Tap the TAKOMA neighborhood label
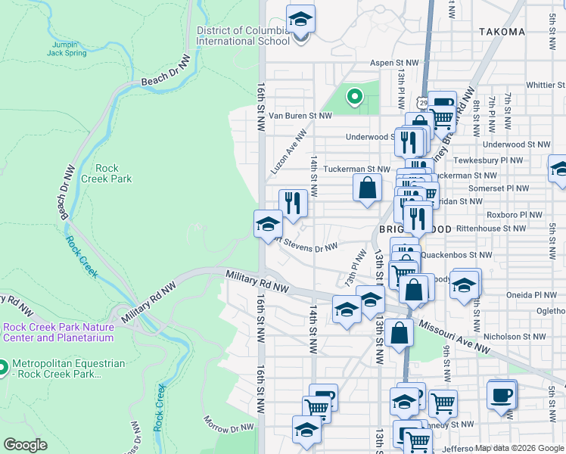(502, 32)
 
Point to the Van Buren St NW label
(300, 116)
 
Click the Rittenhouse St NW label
(496, 228)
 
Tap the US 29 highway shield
(421, 102)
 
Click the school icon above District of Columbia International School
(300, 19)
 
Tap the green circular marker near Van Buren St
(353, 96)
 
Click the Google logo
(25, 445)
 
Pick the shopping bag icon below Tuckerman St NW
(367, 187)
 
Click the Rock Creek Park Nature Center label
(59, 333)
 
